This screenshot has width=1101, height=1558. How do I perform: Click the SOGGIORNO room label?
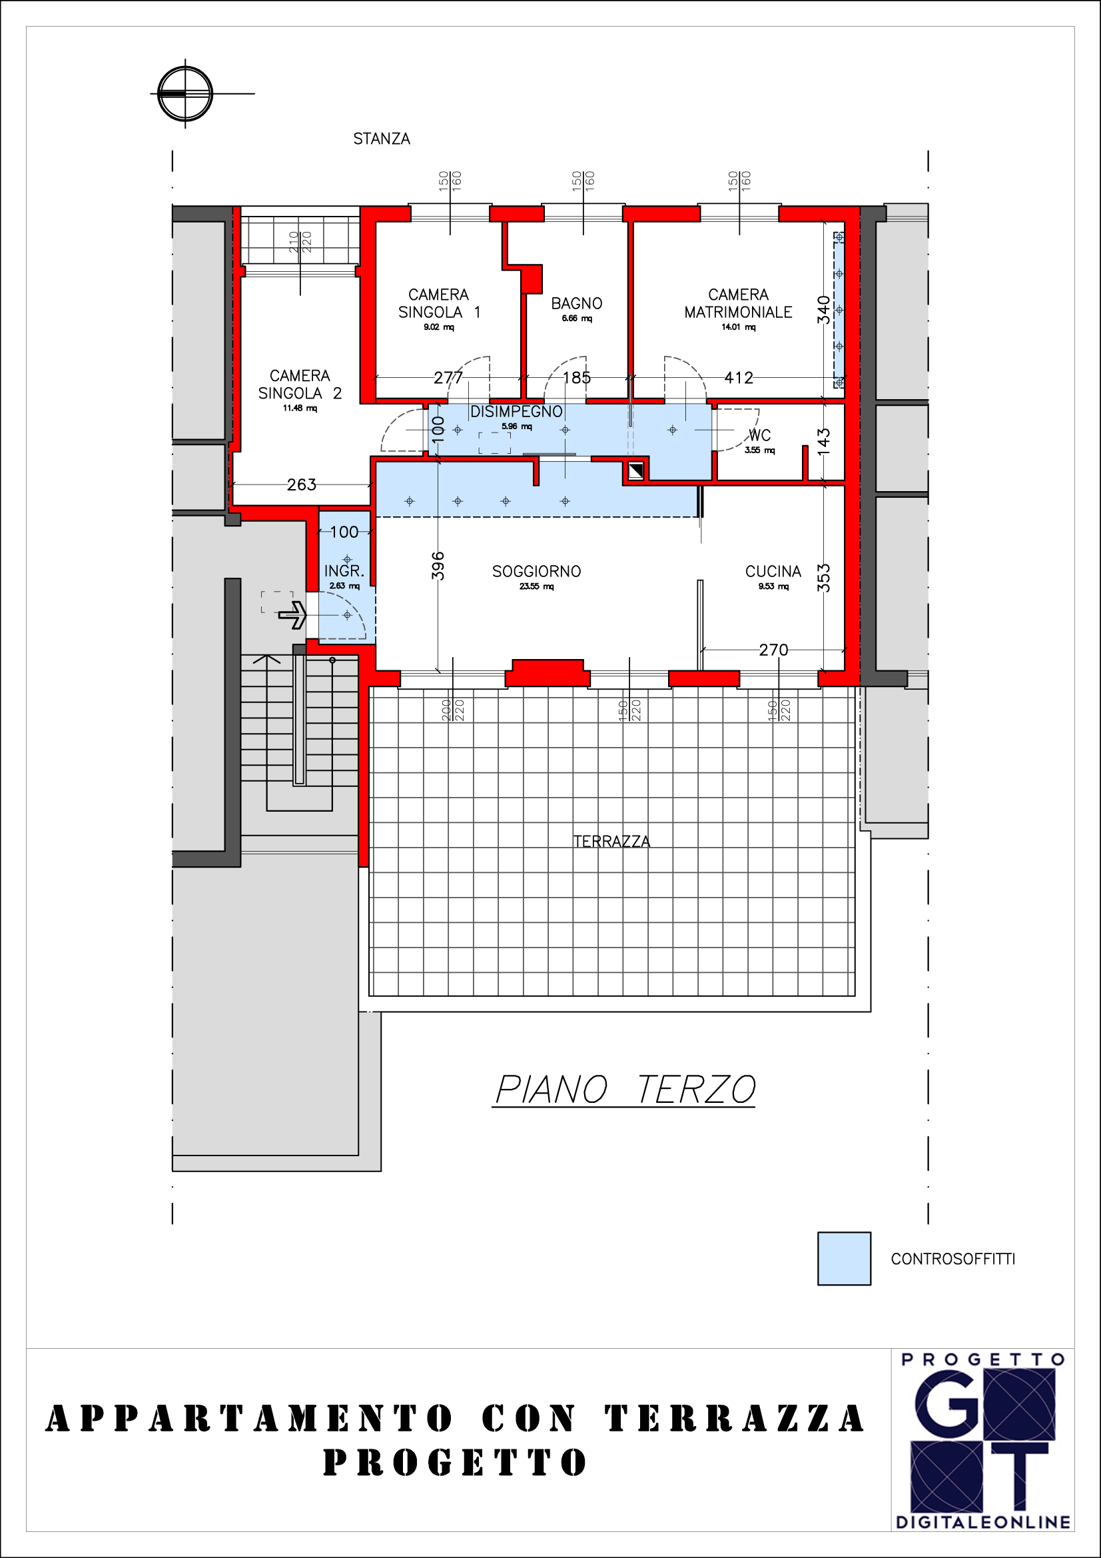click(x=536, y=571)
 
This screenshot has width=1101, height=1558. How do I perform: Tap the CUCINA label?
click(x=773, y=571)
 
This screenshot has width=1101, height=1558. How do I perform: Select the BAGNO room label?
click(x=577, y=303)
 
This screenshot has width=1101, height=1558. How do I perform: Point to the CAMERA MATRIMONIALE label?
click(x=738, y=303)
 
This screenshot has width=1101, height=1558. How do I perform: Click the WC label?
click(x=759, y=435)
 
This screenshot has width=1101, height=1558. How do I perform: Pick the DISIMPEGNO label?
click(x=516, y=411)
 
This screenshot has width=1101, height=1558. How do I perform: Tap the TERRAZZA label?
click(x=611, y=842)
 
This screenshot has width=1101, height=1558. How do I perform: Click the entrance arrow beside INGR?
click(x=292, y=615)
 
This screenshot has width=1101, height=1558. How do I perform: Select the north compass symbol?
click(x=185, y=94)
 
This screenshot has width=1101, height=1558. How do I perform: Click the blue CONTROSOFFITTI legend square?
click(x=844, y=1259)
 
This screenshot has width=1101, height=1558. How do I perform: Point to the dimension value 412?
click(x=739, y=377)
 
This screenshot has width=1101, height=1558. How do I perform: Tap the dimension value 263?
click(x=301, y=484)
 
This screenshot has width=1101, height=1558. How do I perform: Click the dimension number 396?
click(x=438, y=566)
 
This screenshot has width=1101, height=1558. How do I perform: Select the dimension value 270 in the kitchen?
click(x=773, y=650)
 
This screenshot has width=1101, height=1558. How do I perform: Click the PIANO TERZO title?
click(x=624, y=1090)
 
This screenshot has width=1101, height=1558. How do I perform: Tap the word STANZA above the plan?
click(x=381, y=139)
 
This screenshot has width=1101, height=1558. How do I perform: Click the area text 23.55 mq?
click(x=537, y=586)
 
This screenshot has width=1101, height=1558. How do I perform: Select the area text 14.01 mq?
click(x=738, y=327)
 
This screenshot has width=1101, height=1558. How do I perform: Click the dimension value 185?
click(x=577, y=377)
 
